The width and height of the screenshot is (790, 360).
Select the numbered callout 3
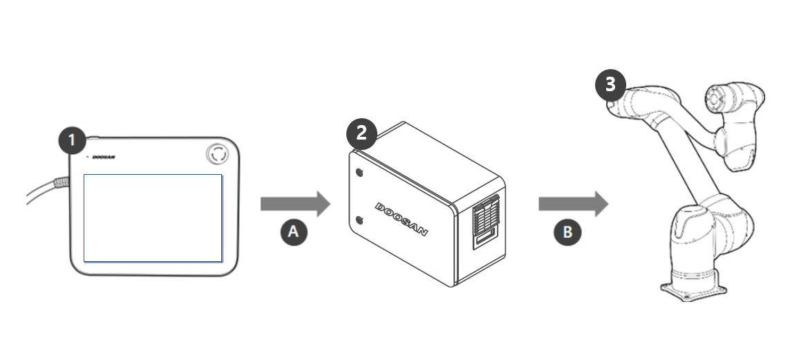(610, 85)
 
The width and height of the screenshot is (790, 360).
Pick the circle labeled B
(567, 232)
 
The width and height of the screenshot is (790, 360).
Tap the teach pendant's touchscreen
(153, 218)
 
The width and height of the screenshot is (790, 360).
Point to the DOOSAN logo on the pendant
(104, 157)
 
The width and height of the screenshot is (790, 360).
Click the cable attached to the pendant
(43, 190)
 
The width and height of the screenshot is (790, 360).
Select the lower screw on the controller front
(359, 220)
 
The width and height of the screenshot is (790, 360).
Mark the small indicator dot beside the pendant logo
(87, 157)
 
